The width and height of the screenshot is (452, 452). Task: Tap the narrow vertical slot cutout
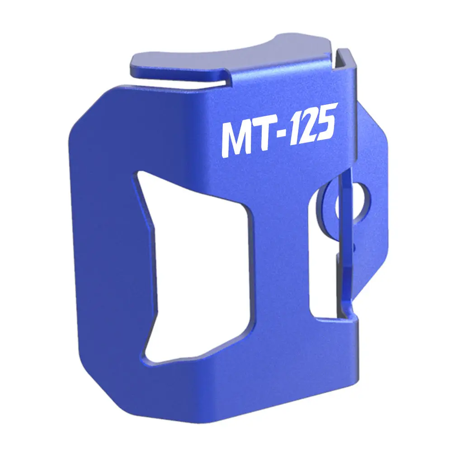coord(323,259)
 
